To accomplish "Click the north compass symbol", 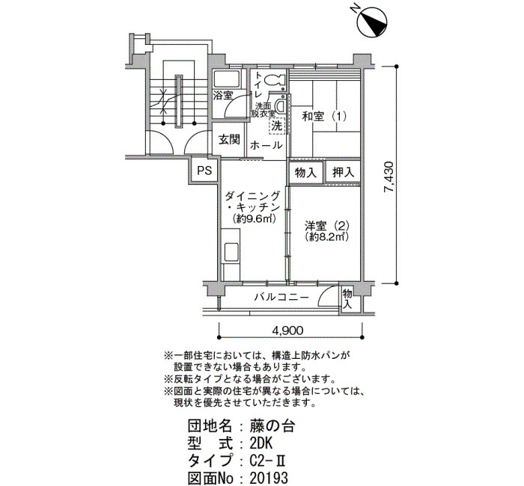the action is pyautogui.click(x=372, y=21).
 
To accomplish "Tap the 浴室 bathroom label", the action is pyautogui.click(x=223, y=96).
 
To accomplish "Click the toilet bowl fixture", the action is pyautogui.click(x=273, y=81).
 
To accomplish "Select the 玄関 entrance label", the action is pyautogui.click(x=229, y=139).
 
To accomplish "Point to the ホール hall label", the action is pyautogui.click(x=266, y=145).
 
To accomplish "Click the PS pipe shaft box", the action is pyautogui.click(x=204, y=171).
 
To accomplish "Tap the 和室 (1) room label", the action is pyautogui.click(x=324, y=117).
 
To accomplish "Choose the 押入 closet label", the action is pyautogui.click(x=343, y=172).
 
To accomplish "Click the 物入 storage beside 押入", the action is pyautogui.click(x=305, y=173).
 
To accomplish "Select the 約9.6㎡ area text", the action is pyautogui.click(x=254, y=218).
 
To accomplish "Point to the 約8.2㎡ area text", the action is pyautogui.click(x=327, y=237).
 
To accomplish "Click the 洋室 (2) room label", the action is pyautogui.click(x=327, y=226).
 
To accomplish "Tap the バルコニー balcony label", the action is pyautogui.click(x=281, y=297).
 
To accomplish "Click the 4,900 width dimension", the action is pyautogui.click(x=287, y=330).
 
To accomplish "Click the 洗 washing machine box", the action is pyautogui.click(x=276, y=126).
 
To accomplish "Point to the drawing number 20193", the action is pyautogui.click(x=268, y=478).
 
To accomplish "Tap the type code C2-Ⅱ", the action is pyautogui.click(x=267, y=461).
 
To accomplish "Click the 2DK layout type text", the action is pyautogui.click(x=261, y=443).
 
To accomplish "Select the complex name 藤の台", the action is pyautogui.click(x=272, y=426).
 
